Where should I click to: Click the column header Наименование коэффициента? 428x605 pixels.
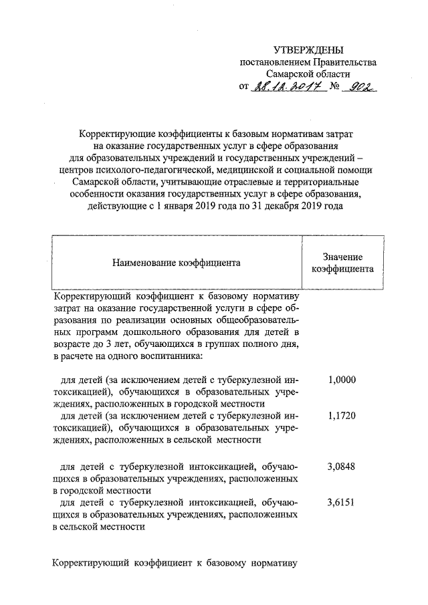pos(177,263)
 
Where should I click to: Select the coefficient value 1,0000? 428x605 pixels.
pos(342,380)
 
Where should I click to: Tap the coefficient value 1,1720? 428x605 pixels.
pos(342,416)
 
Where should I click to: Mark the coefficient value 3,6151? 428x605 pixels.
pos(342,502)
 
